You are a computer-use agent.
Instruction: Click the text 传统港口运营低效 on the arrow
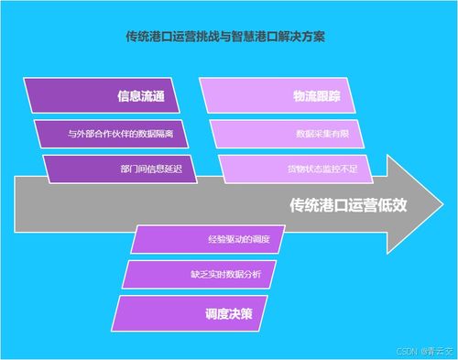[x=347, y=204]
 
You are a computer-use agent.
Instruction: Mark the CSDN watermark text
[x=407, y=351]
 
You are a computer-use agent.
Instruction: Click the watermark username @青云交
[x=435, y=351]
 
